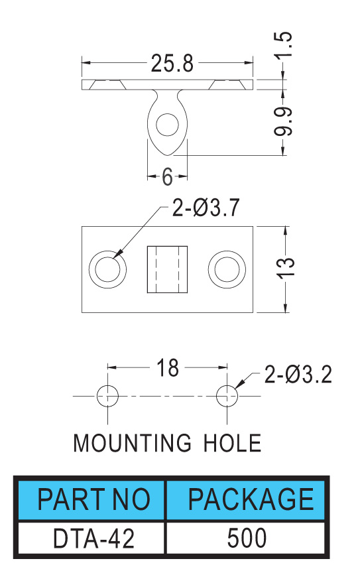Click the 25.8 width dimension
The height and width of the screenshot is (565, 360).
pyautogui.click(x=172, y=64)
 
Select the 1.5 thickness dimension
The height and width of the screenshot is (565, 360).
pyautogui.click(x=284, y=44)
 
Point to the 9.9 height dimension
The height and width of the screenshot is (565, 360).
pyautogui.click(x=284, y=121)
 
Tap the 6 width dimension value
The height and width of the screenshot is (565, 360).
pyautogui.click(x=167, y=177)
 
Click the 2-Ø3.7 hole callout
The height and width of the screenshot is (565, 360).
pyautogui.click(x=206, y=208)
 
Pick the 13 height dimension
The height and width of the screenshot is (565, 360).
pyautogui.click(x=286, y=268)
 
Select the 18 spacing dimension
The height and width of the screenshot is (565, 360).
pyautogui.click(x=168, y=368)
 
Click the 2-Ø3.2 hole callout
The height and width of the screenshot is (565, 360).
pyautogui.click(x=298, y=375)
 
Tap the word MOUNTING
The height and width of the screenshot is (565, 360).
pyautogui.click(x=132, y=443)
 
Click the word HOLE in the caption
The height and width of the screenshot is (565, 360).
pyautogui.click(x=233, y=443)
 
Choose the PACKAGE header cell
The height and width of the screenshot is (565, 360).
pyautogui.click(x=247, y=500)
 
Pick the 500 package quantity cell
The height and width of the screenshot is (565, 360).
pyautogui.click(x=247, y=538)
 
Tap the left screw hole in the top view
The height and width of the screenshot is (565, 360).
pyautogui.click(x=108, y=269)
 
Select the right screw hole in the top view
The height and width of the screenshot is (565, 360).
pyautogui.click(x=227, y=269)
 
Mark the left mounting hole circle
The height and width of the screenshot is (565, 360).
pyautogui.click(x=108, y=396)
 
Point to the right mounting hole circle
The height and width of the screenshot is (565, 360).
pyautogui.click(x=227, y=396)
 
